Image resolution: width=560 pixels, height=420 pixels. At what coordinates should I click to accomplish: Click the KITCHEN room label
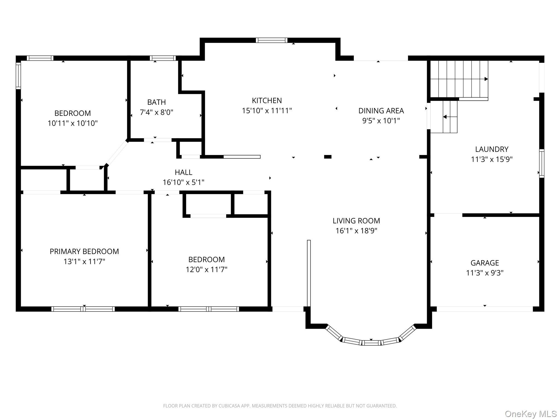(267, 101)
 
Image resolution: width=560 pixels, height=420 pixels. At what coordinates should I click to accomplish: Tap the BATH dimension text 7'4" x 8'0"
(157, 112)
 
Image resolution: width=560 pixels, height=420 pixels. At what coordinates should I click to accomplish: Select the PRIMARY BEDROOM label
(84, 252)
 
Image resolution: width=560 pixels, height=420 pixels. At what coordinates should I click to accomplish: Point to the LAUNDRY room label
(492, 149)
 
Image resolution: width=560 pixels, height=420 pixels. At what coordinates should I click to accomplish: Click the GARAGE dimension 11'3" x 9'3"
(485, 273)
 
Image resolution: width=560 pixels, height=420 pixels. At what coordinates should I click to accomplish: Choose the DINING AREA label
(381, 111)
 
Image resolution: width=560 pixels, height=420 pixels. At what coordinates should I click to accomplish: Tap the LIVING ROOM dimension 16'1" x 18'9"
(356, 231)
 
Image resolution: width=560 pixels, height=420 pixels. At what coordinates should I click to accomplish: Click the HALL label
(183, 172)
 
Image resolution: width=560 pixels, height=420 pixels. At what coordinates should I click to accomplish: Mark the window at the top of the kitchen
(272, 40)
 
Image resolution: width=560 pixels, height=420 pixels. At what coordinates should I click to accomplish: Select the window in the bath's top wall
(163, 58)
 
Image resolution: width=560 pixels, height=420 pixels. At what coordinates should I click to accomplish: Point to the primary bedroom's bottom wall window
(83, 309)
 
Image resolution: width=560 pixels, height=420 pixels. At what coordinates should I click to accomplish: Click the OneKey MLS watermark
(531, 414)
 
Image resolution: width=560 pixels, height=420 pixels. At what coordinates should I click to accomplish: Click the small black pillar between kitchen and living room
(328, 157)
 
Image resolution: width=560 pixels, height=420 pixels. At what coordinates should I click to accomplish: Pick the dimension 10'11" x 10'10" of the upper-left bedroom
(72, 123)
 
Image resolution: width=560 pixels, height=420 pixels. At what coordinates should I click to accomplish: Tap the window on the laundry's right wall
(542, 164)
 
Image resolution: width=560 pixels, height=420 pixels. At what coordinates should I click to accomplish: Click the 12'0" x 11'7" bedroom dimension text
(206, 270)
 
